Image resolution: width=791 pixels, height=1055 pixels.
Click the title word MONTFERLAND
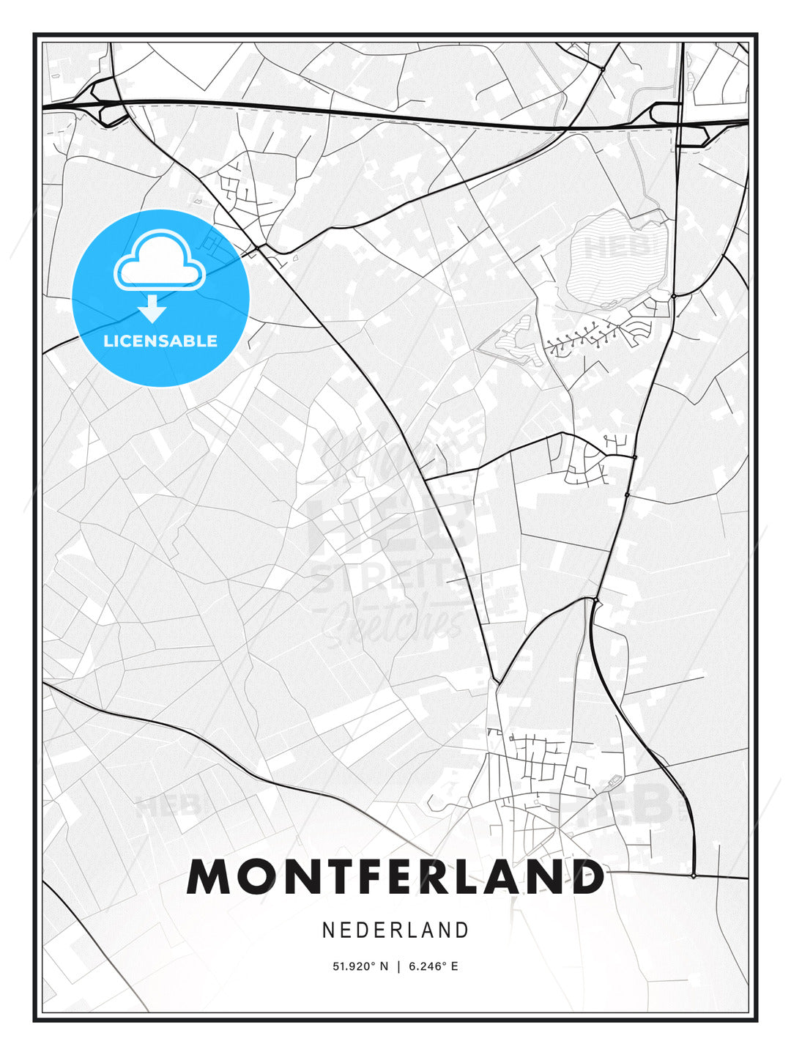click(x=395, y=877)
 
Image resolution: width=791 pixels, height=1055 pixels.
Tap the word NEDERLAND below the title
click(x=395, y=930)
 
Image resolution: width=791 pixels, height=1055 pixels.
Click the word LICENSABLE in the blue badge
click(x=160, y=341)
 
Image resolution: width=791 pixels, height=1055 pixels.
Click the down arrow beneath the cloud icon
click(x=152, y=308)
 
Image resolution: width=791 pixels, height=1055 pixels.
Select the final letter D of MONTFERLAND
click(x=586, y=877)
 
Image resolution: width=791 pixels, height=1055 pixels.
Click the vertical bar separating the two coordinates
click(x=398, y=966)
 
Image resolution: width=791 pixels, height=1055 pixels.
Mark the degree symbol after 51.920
click(x=374, y=963)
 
